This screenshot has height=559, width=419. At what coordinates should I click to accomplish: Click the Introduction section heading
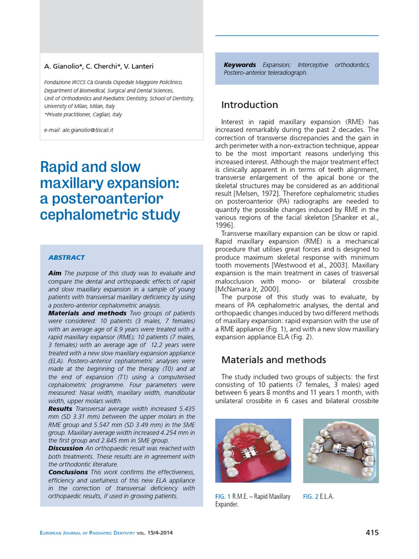(249, 105)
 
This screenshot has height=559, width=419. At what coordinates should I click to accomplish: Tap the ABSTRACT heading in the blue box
(67, 257)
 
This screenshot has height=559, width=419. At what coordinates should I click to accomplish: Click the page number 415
(372, 533)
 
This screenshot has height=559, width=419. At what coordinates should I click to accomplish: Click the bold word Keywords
(240, 65)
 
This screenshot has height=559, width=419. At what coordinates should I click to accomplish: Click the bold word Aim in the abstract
(55, 273)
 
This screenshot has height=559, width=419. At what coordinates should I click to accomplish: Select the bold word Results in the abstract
(60, 408)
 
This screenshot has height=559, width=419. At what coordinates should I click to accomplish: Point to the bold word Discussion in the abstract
(65, 448)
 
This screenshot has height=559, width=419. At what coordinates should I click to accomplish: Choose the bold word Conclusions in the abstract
(68, 472)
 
